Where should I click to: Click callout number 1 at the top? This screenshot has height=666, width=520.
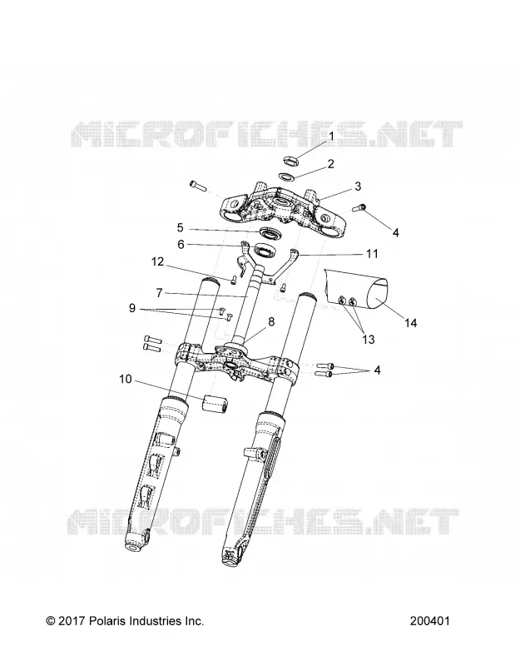tap(332, 136)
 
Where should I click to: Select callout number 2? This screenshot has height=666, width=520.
tap(343, 164)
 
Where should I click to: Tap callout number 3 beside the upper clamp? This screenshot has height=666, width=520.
tap(358, 186)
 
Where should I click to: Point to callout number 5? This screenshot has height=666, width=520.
tap(180, 228)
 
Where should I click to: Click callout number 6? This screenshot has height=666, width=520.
tap(181, 245)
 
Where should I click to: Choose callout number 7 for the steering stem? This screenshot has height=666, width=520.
tap(159, 293)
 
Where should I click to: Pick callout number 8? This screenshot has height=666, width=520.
tap(271, 321)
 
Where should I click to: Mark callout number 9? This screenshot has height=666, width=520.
tap(132, 308)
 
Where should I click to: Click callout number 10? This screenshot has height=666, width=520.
tap(126, 379)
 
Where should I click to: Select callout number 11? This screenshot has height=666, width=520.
tap(372, 254)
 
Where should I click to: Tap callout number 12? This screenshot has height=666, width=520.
tap(157, 261)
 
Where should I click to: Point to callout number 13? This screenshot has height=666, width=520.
tap(369, 340)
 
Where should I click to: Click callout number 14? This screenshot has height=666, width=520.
tap(410, 323)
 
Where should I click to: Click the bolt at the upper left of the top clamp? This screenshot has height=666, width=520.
tap(197, 185)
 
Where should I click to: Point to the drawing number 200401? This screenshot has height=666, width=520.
tap(429, 621)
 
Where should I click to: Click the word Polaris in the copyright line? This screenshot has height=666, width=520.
tap(105, 621)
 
